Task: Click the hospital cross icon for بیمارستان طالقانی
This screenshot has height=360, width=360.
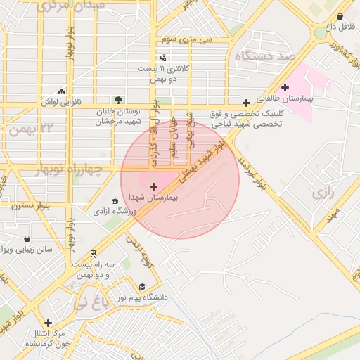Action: (x=285, y=88)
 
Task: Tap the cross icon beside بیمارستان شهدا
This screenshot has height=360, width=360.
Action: (x=154, y=186)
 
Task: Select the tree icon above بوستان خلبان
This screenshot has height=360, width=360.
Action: (x=118, y=99)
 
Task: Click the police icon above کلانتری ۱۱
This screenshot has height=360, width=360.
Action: (x=163, y=58)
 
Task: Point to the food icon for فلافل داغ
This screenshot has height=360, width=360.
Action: (x=340, y=16)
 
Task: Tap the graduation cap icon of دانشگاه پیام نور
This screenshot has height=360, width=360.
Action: (x=142, y=287)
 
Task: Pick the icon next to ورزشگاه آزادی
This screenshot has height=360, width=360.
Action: (x=115, y=200)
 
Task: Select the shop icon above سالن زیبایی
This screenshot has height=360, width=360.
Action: (x=27, y=238)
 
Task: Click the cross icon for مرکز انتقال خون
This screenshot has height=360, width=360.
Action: (x=47, y=323)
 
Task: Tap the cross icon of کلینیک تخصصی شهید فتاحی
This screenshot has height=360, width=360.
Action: (x=245, y=103)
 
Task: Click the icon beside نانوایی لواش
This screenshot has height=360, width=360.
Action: (x=62, y=91)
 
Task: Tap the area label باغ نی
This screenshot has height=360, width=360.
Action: (x=91, y=304)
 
